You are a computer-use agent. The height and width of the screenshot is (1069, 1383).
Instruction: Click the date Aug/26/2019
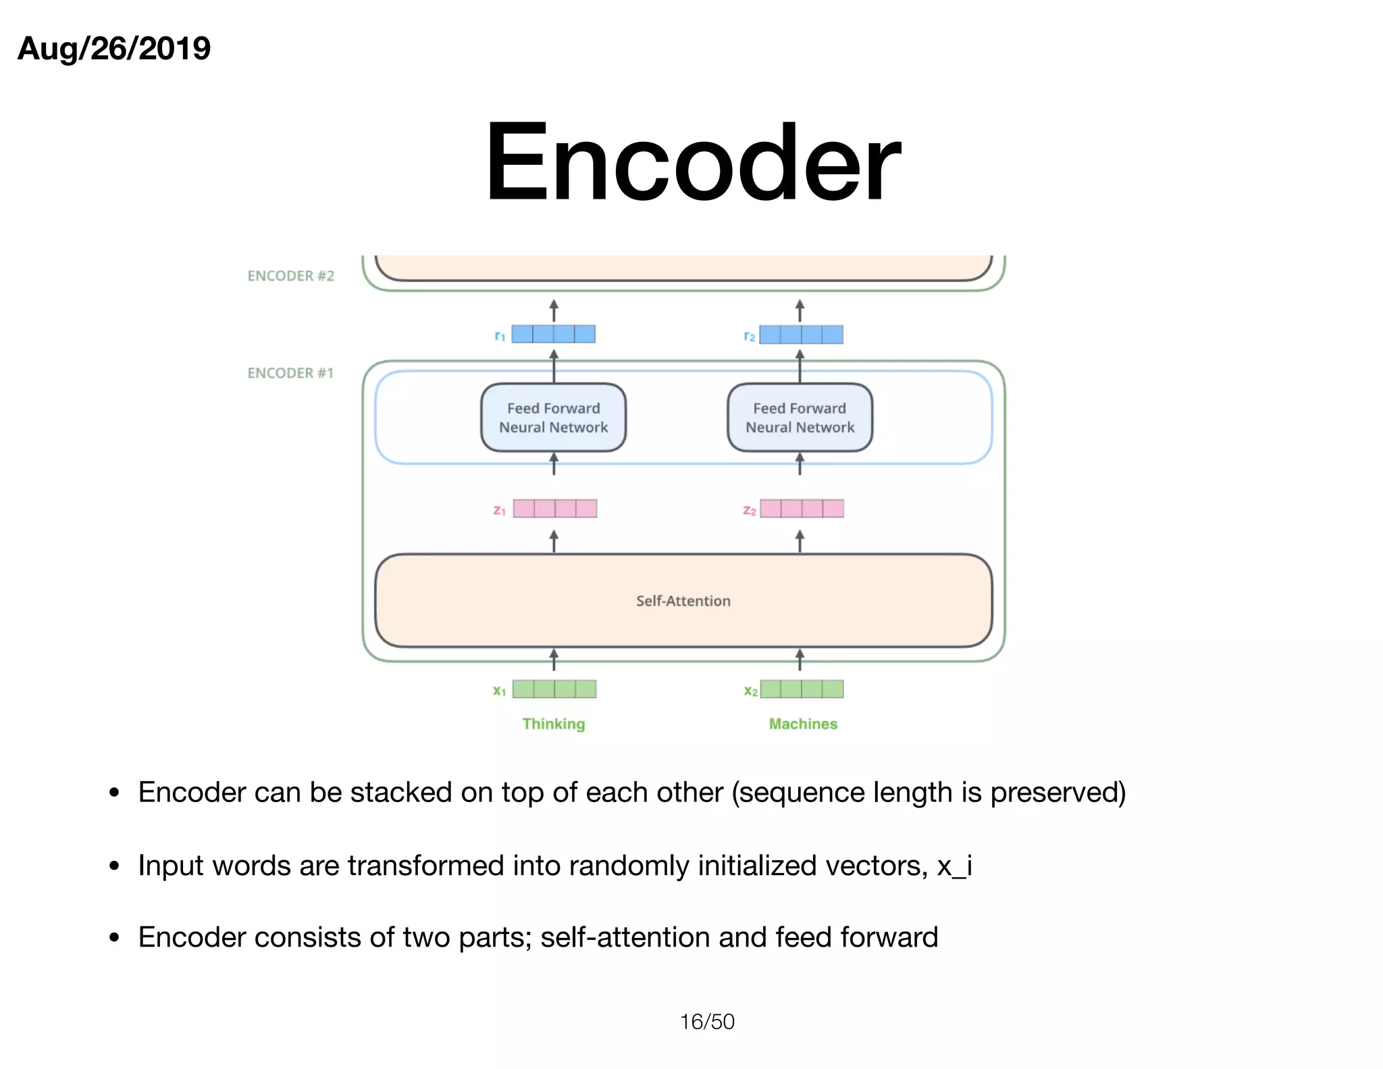[x=114, y=49]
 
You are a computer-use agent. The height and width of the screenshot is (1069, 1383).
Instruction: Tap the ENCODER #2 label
[x=290, y=276]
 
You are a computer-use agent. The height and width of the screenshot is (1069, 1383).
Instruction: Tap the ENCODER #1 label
[x=290, y=373]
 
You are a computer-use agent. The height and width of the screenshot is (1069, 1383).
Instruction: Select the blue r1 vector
[x=553, y=334]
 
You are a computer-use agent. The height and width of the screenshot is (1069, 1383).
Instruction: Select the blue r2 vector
[x=801, y=334]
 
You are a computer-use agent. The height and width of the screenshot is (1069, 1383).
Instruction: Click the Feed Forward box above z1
[x=553, y=418]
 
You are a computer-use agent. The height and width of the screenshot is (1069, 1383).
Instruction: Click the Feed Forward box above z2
[x=800, y=418]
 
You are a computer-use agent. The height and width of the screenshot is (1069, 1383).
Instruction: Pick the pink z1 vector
[x=554, y=508]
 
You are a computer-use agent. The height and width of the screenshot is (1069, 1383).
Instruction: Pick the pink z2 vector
[x=802, y=508]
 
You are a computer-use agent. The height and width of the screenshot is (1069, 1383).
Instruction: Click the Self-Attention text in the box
[x=683, y=601]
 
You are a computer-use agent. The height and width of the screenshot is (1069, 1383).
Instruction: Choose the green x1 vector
[x=554, y=689]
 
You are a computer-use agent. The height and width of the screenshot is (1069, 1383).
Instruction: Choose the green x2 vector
[x=802, y=689]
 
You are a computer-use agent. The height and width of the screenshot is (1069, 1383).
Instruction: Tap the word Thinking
[x=553, y=724]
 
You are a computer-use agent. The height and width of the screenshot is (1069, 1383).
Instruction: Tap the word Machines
[x=803, y=724]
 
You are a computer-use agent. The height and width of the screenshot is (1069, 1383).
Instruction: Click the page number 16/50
[x=706, y=1021]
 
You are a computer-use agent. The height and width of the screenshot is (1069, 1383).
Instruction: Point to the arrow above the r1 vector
[x=554, y=310]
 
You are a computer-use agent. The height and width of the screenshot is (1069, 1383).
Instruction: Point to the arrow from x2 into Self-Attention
[x=800, y=660]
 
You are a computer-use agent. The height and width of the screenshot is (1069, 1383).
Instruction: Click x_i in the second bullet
[x=954, y=866]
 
